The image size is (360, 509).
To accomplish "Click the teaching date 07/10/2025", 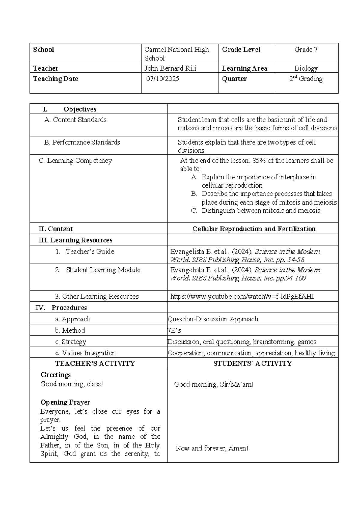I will [163, 79].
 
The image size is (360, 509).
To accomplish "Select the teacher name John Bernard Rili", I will [170, 68].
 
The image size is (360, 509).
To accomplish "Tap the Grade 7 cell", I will [306, 50].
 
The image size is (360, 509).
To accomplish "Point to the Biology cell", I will [306, 68].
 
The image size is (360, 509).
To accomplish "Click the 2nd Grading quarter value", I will [306, 79].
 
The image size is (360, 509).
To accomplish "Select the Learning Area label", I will [244, 68].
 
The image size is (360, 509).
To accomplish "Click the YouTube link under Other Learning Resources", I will [242, 297].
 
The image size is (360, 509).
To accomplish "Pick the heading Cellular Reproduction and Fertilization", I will [254, 229].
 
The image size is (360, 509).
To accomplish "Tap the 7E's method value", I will [174, 330].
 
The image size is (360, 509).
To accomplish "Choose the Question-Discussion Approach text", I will [213, 319].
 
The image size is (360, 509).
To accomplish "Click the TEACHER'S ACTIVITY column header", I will [95, 364].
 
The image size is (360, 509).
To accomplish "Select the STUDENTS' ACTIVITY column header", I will [252, 364].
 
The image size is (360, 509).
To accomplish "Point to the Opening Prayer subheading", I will [65, 402].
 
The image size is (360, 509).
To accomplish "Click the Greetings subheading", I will [56, 375].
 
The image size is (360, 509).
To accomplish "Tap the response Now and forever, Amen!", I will [212, 449].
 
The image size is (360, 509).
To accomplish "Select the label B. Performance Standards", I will [82, 142].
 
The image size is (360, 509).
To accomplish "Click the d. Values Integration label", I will [85, 353].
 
